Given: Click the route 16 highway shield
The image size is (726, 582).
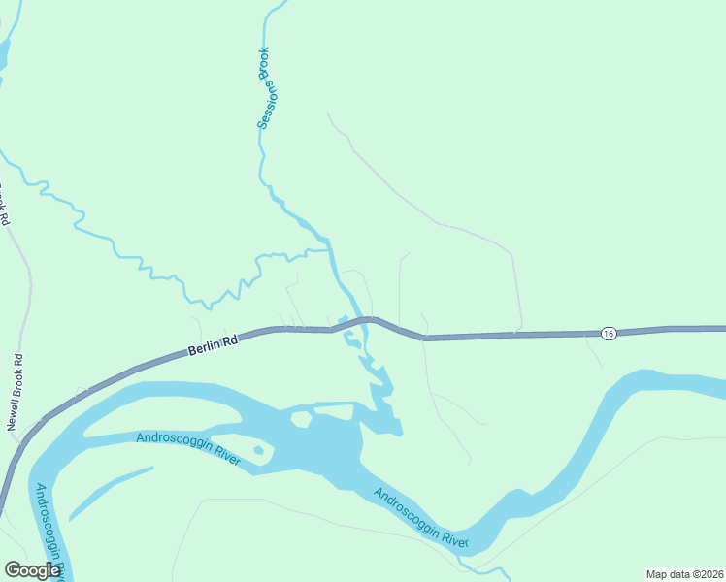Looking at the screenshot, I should click(x=608, y=333).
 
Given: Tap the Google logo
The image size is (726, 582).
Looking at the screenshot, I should click(x=32, y=570).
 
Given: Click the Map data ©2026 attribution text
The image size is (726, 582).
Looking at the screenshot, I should click(x=683, y=573).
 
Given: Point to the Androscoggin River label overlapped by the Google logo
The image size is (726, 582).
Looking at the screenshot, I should click(x=49, y=529).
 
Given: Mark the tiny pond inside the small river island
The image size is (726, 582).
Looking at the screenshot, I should click(x=258, y=450).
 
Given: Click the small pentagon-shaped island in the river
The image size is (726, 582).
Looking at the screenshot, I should click(x=301, y=419).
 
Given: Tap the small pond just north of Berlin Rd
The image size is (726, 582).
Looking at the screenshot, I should click(x=342, y=320).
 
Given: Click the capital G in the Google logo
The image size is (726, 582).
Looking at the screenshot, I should click(x=13, y=570).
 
